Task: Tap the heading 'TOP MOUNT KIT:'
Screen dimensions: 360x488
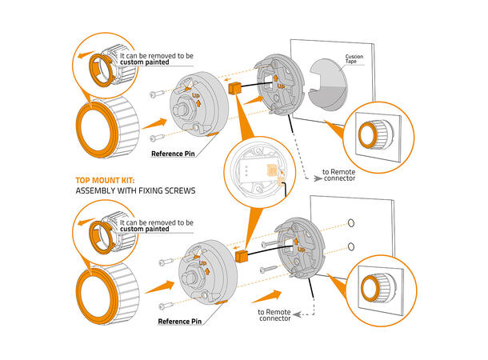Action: click(x=104, y=181)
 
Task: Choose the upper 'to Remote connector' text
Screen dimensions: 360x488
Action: click(x=346, y=175)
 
